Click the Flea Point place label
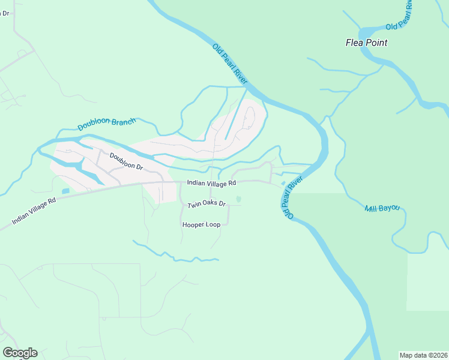(x=366, y=43)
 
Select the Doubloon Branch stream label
(x=107, y=124)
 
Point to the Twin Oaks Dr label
(x=206, y=205)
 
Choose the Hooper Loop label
(x=201, y=224)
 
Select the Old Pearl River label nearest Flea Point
(x=400, y=16)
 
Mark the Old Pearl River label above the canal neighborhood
(x=230, y=63)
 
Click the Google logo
(x=20, y=353)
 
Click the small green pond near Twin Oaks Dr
(x=238, y=199)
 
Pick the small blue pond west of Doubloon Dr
(x=65, y=191)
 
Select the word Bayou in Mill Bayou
(x=391, y=209)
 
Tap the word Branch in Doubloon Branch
(x=124, y=121)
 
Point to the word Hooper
(x=193, y=224)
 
